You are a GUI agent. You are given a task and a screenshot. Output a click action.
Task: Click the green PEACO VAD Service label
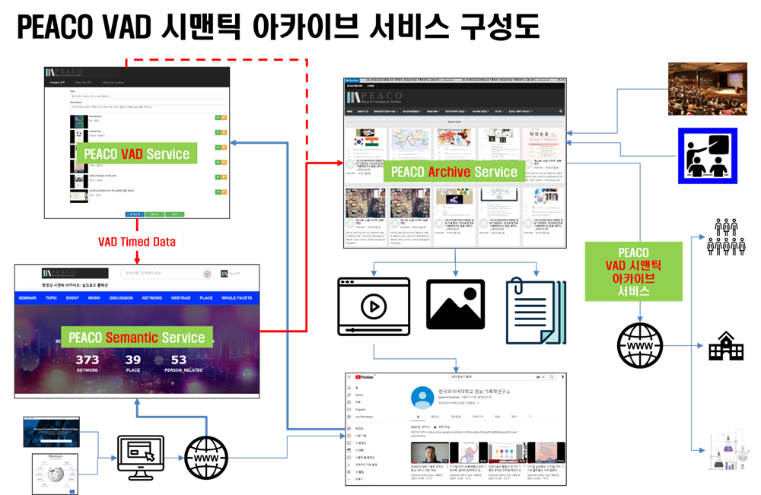click(137, 154)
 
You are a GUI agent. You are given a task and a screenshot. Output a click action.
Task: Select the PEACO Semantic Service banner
click(137, 338)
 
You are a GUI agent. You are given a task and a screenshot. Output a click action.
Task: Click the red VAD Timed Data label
click(137, 242)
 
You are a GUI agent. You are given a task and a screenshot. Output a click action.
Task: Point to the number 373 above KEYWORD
click(88, 360)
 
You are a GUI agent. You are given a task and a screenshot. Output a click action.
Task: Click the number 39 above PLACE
click(133, 360)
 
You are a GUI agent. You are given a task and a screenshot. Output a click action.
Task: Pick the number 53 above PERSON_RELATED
click(179, 360)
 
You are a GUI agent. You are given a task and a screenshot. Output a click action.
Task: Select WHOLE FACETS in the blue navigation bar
click(237, 298)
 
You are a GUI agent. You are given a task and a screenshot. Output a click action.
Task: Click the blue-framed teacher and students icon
click(708, 156)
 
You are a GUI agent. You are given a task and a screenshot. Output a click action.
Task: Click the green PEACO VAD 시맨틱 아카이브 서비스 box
click(633, 270)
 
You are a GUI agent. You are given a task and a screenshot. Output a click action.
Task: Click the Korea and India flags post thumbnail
click(364, 144)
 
